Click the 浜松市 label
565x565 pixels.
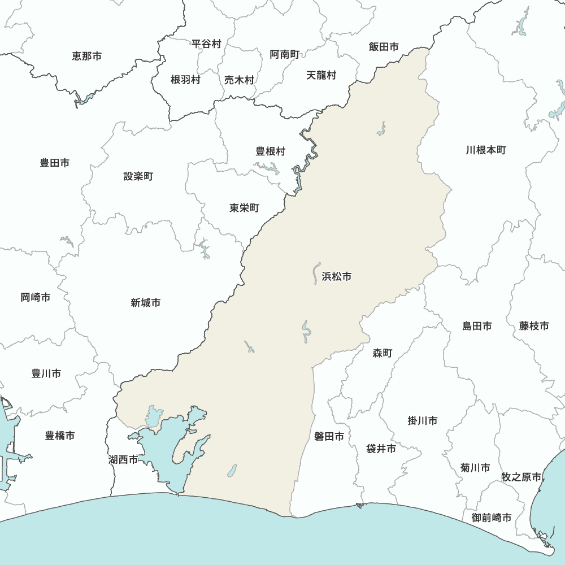coord(337,276)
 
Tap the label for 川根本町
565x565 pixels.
coord(486,150)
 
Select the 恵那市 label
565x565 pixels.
coord(87,56)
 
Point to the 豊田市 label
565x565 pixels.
coord(55,163)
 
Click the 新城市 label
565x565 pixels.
coord(145,303)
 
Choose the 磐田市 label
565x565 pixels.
coord(329,436)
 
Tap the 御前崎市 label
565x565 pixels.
coord(492,518)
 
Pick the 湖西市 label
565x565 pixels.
coord(123,459)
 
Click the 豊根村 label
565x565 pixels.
coord(271,151)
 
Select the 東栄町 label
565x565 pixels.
coord(244,208)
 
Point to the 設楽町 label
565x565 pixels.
coord(138,176)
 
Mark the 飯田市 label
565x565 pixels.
coord(384,47)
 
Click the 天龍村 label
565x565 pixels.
coord(321,75)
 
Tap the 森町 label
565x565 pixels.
coord(382,353)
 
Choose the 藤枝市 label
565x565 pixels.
coord(534,326)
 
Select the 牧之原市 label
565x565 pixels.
coord(521,477)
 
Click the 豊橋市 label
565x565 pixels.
coord(60,436)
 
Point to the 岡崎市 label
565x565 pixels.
coord(36,297)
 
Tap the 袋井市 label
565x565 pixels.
coord(381,449)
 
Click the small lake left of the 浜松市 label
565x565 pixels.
coord(316,272)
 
